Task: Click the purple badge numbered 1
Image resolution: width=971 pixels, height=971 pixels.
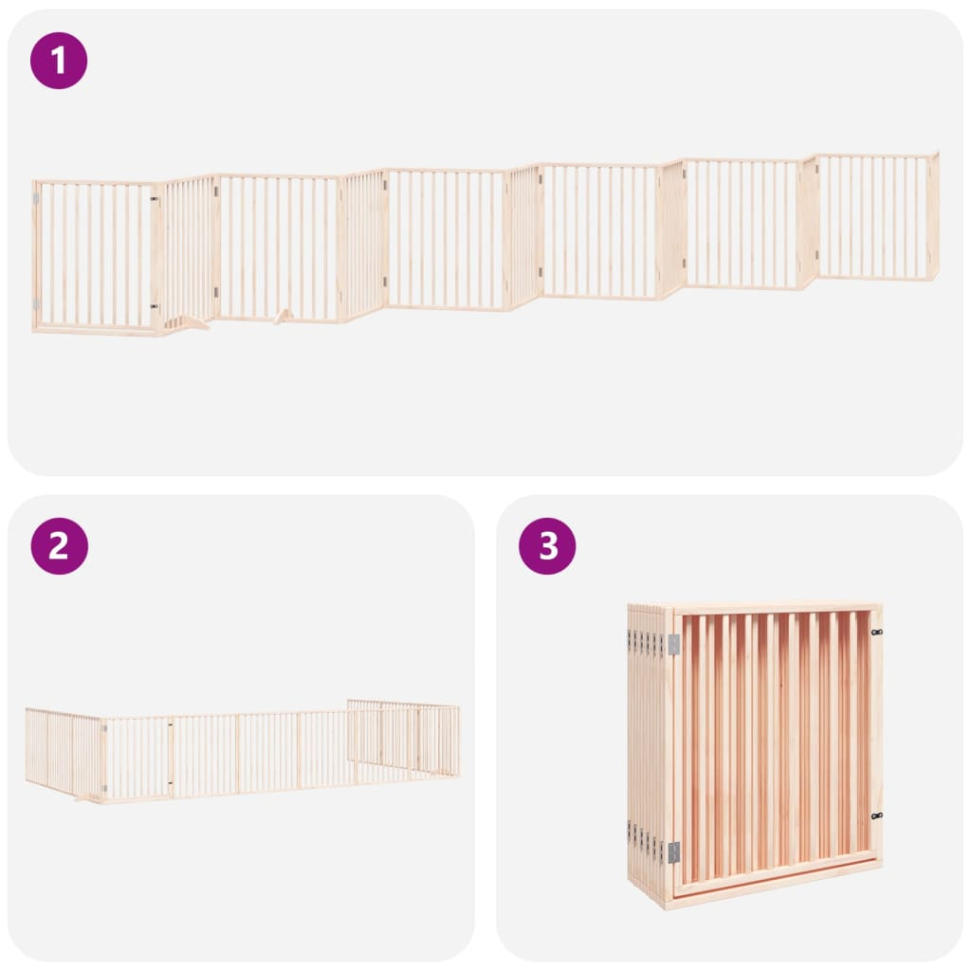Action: point(59,61)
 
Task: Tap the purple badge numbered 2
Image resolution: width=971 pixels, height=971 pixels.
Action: point(59,546)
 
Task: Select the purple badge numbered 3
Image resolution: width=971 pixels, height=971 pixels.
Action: point(547,546)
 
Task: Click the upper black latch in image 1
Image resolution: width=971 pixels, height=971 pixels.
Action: point(155,199)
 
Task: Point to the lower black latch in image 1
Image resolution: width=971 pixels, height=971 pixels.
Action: point(155,306)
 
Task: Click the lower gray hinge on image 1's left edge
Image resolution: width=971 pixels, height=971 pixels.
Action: point(36,303)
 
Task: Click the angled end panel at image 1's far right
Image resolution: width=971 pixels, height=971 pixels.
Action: point(933,215)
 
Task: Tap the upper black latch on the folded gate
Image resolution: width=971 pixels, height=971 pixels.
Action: point(876,632)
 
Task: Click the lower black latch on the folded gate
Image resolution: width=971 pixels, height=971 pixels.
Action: point(876,816)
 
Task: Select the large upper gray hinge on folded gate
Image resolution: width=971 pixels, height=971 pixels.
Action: point(674,645)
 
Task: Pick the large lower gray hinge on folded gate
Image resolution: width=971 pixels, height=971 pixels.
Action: point(674,852)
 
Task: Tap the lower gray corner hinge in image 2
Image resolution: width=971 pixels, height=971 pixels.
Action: point(104,788)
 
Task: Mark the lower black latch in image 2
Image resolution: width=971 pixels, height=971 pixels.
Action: point(171,783)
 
